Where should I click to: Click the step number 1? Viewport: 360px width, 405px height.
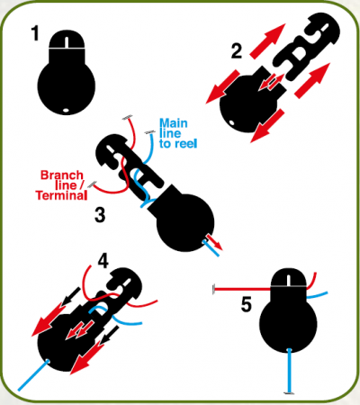(x=35, y=33)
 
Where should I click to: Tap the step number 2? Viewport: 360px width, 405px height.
(x=237, y=51)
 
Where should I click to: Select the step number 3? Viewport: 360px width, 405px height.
(x=100, y=215)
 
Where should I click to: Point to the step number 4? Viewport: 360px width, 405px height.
(x=103, y=261)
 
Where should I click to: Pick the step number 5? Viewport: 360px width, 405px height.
(x=246, y=304)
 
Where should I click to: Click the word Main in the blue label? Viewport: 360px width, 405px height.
(x=174, y=123)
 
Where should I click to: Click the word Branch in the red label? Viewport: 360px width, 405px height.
(x=62, y=175)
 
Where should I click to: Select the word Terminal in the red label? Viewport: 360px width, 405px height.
(x=61, y=195)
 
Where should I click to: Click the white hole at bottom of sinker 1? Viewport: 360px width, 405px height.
(x=66, y=110)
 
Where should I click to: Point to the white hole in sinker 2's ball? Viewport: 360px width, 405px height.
(x=231, y=122)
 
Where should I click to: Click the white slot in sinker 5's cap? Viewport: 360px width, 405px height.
(x=288, y=280)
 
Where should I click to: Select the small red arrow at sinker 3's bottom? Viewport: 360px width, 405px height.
(x=214, y=242)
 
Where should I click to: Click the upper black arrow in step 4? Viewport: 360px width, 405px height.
(x=71, y=295)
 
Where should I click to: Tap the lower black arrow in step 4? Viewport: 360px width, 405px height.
(x=109, y=335)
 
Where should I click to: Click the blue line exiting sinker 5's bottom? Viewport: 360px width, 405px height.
(x=290, y=371)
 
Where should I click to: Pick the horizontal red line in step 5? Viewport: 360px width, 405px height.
(x=242, y=290)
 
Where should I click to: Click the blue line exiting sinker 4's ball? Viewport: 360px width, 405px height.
(x=33, y=375)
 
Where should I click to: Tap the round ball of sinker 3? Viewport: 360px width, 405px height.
(x=185, y=223)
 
